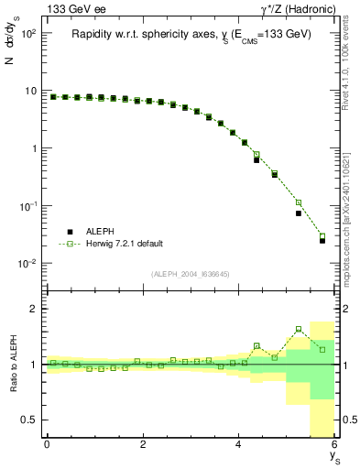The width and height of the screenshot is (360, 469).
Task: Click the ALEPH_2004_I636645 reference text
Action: pyautogui.click(x=191, y=275)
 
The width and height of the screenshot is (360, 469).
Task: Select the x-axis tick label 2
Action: pyautogui.click(x=143, y=444)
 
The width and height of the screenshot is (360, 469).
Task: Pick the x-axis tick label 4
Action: pyautogui.click(x=239, y=444)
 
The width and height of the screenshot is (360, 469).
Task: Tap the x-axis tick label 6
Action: pyautogui.click(x=335, y=444)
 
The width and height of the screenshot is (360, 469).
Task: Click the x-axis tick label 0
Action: pyautogui.click(x=47, y=444)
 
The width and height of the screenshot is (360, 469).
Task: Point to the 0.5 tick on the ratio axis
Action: pyautogui.click(x=30, y=420)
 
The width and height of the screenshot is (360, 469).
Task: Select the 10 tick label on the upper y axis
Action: pyautogui.click(x=31, y=90)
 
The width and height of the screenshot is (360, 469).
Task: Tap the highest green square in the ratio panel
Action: pyautogui.click(x=299, y=329)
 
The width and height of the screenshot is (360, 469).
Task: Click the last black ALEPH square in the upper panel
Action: pyautogui.click(x=322, y=241)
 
